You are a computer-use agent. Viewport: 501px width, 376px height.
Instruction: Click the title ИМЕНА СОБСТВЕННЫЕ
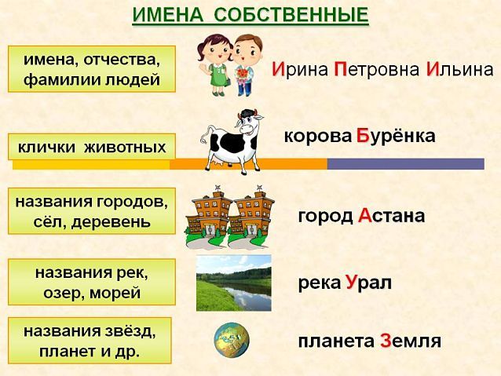pos(250,14)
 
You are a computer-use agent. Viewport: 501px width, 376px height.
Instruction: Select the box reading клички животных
pos(92,146)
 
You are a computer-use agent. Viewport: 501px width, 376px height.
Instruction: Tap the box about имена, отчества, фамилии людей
pos(92,69)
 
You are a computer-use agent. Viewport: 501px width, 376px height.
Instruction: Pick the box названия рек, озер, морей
pos(92,282)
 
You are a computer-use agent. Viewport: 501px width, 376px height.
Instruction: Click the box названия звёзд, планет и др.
pos(92,340)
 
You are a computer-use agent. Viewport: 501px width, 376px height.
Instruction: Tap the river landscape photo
pos(233,283)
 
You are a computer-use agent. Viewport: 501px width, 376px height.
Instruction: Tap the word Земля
pos(410,341)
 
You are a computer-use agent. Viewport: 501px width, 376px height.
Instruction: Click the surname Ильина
pos(459,69)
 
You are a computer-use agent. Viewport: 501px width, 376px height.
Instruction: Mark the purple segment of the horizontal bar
pos(405,164)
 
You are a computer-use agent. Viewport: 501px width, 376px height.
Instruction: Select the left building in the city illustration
pos(208,212)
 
